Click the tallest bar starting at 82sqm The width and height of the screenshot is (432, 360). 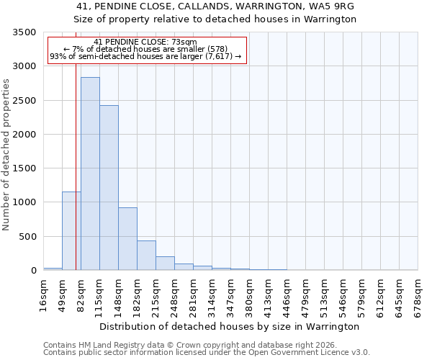(90, 174)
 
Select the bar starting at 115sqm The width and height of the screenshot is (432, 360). (109, 188)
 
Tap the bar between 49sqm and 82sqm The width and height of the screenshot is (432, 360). (71, 230)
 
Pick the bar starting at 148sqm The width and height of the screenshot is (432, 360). (127, 239)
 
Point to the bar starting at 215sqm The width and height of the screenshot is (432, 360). (165, 264)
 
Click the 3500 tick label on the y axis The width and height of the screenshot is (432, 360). (24, 33)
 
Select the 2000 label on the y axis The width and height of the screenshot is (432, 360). (24, 135)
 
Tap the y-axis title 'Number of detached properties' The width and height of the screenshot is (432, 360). (6, 155)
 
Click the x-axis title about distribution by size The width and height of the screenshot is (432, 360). (229, 327)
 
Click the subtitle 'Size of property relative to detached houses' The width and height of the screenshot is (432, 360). (215, 19)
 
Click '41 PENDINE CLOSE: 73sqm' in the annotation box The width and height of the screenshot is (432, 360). (145, 42)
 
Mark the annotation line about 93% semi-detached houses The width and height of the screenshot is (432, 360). (145, 56)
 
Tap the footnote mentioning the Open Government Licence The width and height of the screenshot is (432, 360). (207, 353)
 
